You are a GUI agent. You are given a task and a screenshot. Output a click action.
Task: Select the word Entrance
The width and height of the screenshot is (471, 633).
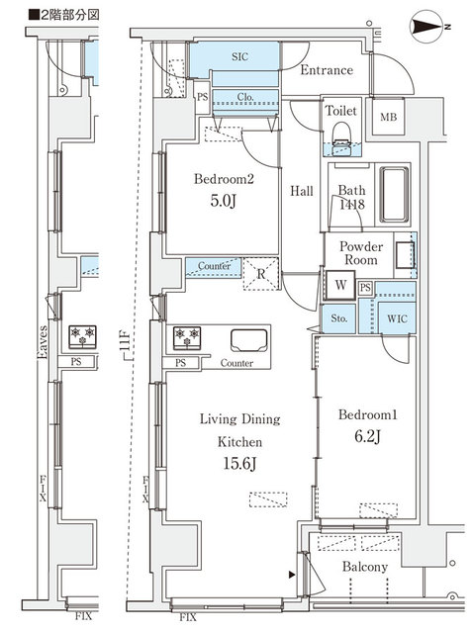click(x=326, y=70)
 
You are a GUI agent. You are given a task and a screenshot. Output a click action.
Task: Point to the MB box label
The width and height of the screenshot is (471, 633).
click(x=391, y=119)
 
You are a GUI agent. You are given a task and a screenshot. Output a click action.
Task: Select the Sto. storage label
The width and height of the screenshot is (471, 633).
click(x=338, y=319)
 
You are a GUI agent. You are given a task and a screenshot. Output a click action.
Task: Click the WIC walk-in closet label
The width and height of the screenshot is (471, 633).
click(x=396, y=318)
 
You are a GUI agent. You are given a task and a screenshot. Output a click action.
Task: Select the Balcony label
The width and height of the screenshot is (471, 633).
click(x=366, y=568)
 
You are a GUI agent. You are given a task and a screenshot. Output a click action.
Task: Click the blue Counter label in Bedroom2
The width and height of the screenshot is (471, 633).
click(x=215, y=266)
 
